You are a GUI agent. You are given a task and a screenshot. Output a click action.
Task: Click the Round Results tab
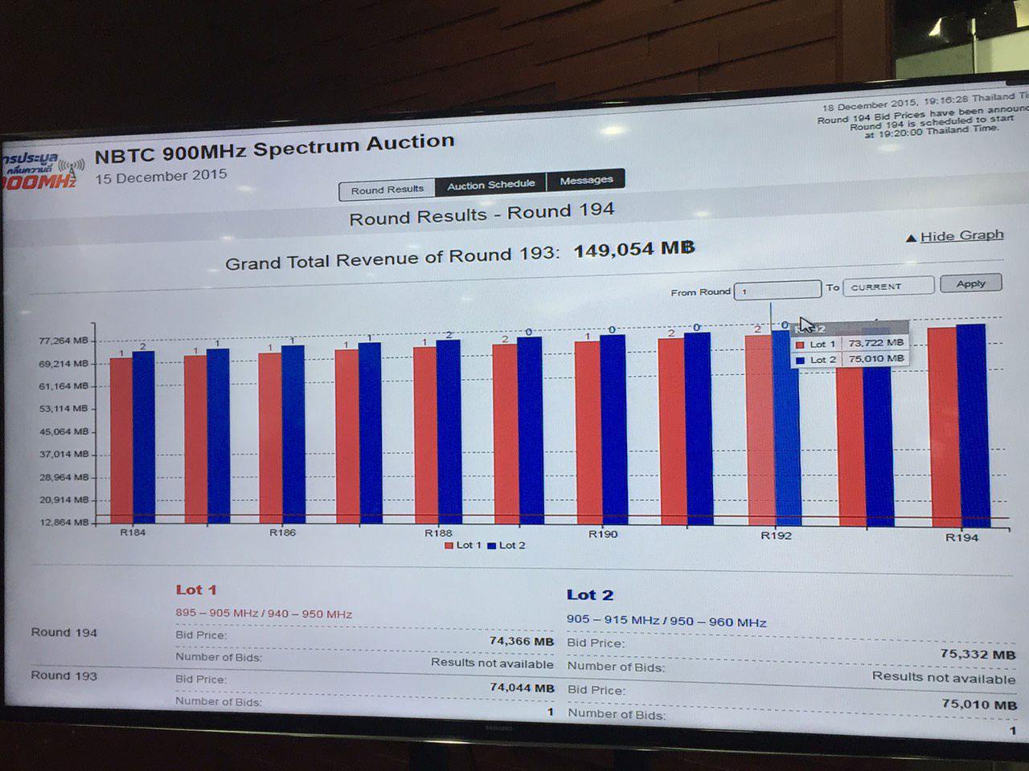click(x=387, y=190)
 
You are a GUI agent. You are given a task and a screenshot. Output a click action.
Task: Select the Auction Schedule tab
click(x=490, y=185)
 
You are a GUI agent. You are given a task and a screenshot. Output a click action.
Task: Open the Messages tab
click(x=585, y=181)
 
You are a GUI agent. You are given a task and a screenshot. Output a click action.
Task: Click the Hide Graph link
click(x=961, y=235)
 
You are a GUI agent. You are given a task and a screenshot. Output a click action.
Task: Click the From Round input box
click(x=777, y=289)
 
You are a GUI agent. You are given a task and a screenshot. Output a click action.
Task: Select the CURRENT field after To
click(x=888, y=286)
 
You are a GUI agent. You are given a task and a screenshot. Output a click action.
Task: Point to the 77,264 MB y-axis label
click(x=64, y=341)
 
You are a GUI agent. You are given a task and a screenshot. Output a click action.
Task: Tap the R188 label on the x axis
click(x=438, y=532)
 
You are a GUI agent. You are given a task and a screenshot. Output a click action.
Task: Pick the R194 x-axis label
click(x=961, y=537)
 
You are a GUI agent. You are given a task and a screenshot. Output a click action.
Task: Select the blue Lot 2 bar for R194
click(x=970, y=426)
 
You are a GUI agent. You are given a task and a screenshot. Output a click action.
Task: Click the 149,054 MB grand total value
click(x=633, y=249)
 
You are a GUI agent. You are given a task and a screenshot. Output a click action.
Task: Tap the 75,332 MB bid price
click(x=977, y=655)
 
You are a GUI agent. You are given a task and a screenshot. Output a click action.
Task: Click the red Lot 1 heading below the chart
click(x=196, y=590)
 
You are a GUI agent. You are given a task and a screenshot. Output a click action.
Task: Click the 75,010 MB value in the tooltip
click(x=875, y=359)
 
